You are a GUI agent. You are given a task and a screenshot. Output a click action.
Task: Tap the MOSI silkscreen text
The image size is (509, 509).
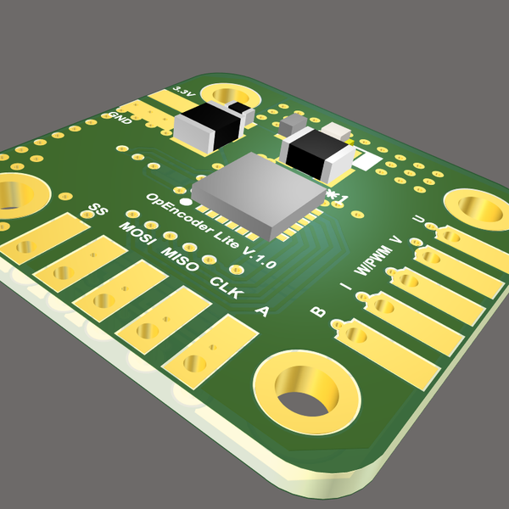pyautogui.click(x=138, y=236)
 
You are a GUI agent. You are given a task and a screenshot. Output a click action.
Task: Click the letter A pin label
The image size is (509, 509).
pyautogui.click(x=262, y=311)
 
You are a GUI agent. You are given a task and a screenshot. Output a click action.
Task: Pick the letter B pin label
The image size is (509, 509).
pyautogui.click(x=318, y=311)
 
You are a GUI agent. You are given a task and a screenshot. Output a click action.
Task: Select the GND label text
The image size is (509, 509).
pyautogui.click(x=121, y=118)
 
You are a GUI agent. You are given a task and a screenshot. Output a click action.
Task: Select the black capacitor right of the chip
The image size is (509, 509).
pyautogui.click(x=316, y=154)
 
